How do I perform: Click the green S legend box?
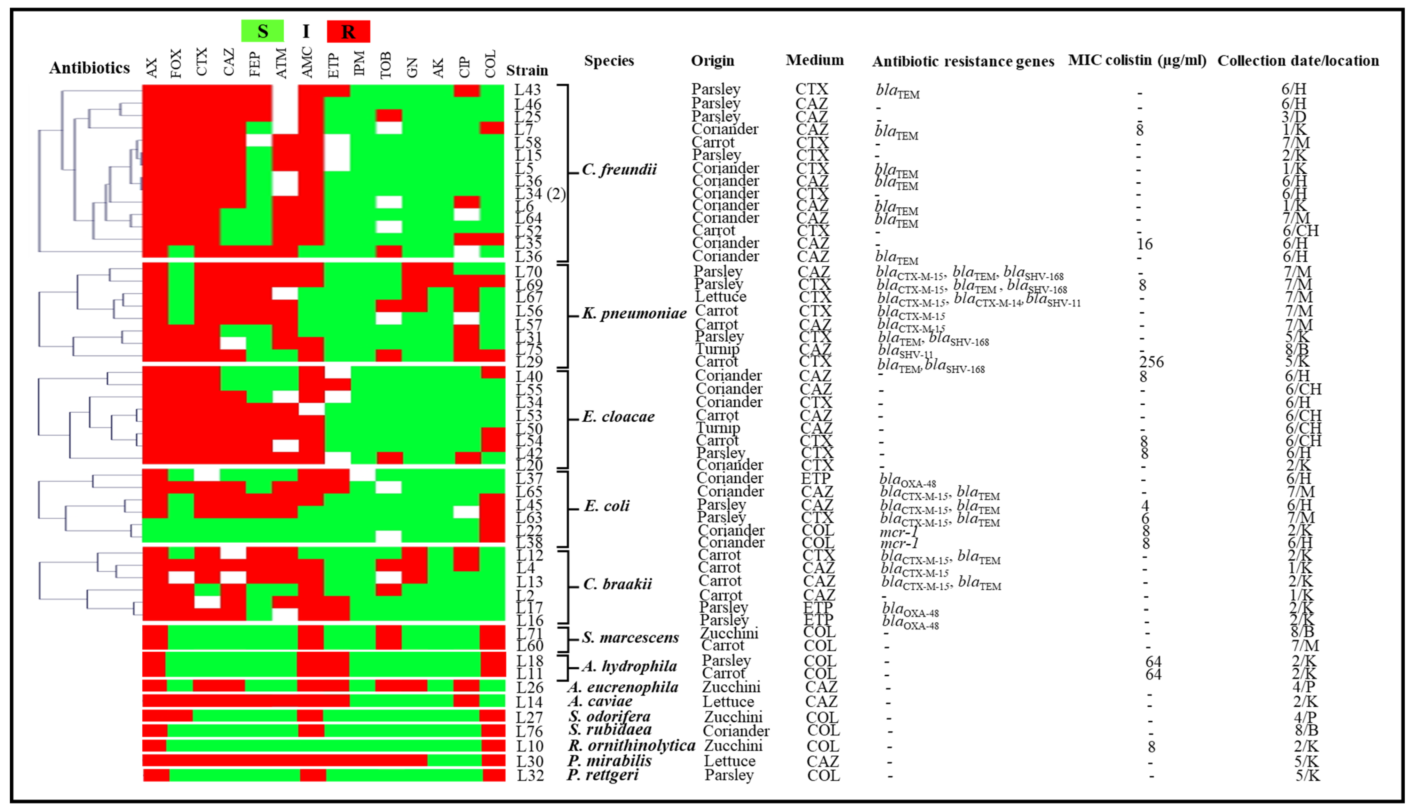262,31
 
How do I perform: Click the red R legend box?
348,31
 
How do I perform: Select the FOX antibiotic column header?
176,64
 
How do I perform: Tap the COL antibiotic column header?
490,64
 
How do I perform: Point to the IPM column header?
359,63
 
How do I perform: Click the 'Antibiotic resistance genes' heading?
963,61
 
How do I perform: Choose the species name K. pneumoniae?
634,314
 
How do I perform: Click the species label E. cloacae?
618,417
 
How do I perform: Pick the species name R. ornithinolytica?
631,745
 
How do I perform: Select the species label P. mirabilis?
609,760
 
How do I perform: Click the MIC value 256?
1151,362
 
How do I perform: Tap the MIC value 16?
1145,244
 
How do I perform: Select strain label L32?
530,775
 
